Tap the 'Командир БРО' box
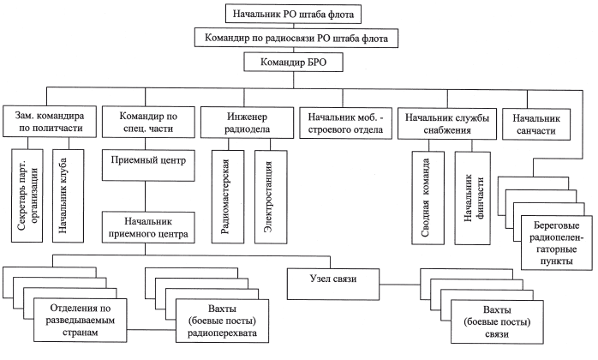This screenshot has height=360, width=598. point(296,62)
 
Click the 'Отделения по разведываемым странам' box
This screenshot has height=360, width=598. point(79,318)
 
